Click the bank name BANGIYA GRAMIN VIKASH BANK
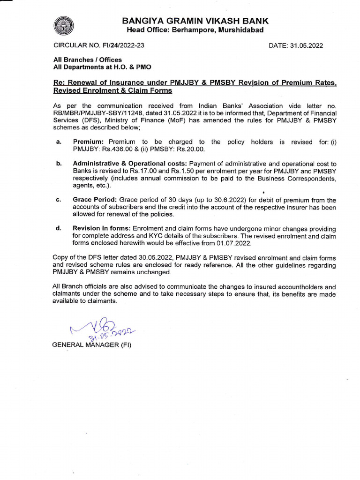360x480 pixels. (195, 21)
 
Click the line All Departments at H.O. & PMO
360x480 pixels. (102, 67)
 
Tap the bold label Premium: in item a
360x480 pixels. (89, 142)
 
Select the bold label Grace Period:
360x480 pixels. (95, 200)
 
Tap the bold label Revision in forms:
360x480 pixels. (102, 229)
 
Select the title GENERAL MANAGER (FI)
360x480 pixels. (92, 345)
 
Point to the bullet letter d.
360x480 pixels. (58, 229)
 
